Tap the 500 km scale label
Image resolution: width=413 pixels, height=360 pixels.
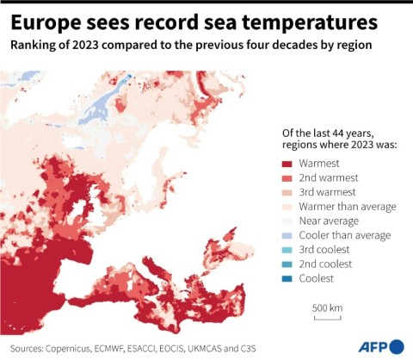327,307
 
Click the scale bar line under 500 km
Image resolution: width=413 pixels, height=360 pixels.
327,319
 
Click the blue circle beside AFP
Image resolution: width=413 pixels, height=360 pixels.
397,346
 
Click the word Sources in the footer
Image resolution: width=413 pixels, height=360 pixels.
26,347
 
